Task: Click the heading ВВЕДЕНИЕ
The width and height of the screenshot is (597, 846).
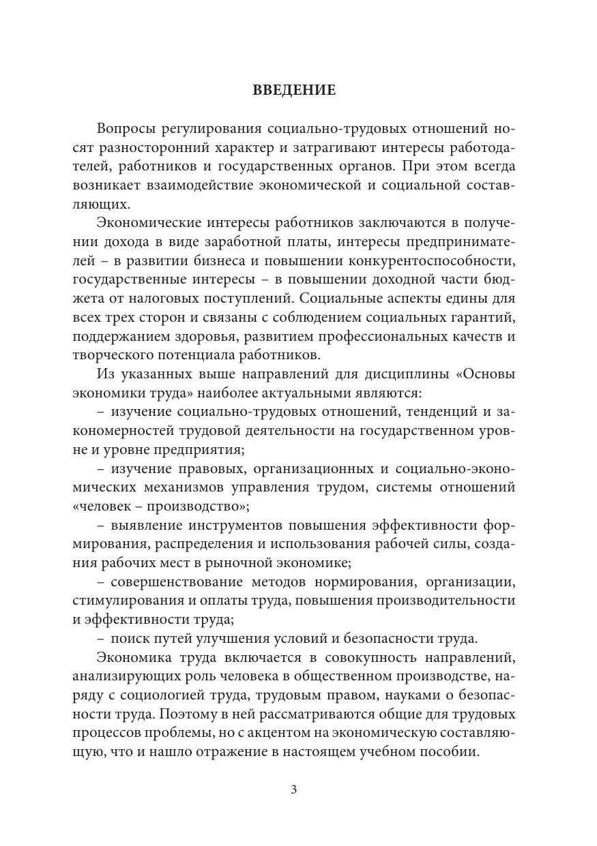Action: tap(294, 90)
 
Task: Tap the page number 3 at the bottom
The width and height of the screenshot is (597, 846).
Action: tap(293, 789)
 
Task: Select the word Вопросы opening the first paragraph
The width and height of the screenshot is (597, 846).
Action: tap(127, 130)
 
